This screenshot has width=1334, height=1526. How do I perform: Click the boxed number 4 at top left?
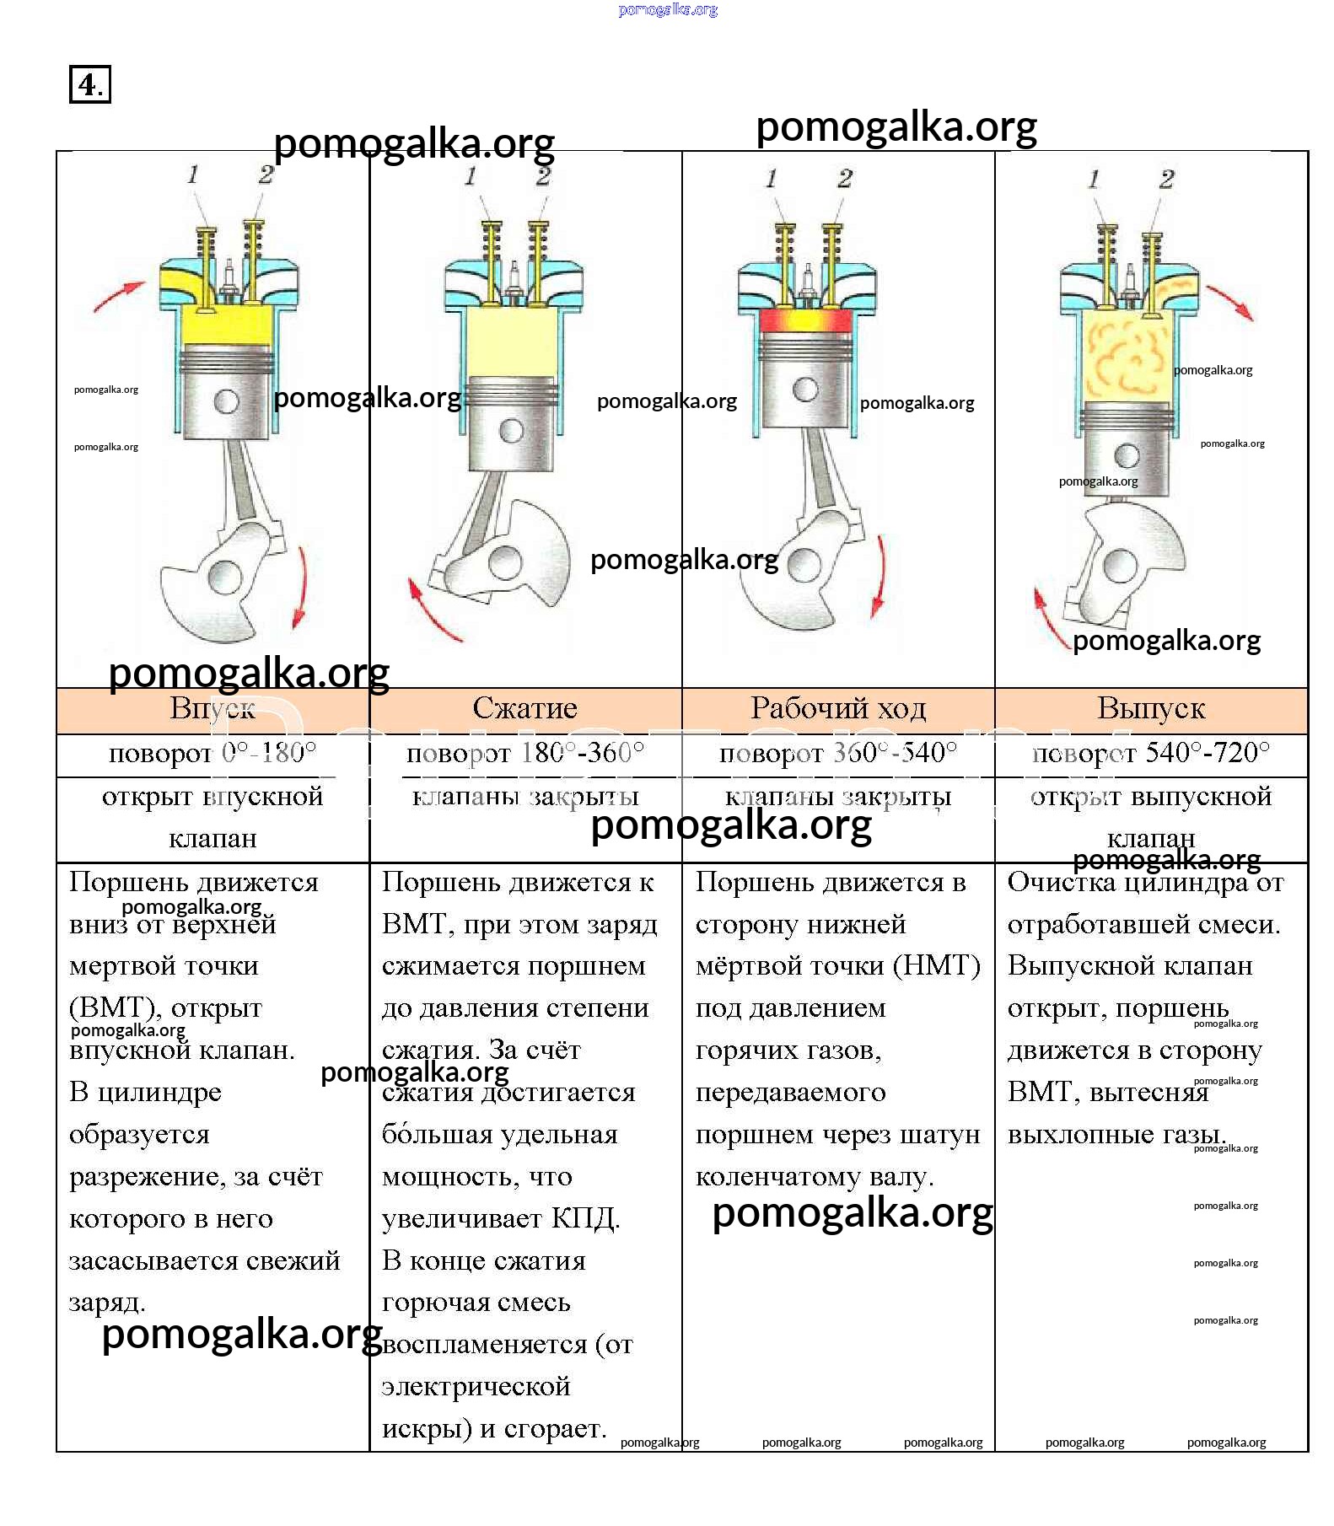(x=89, y=84)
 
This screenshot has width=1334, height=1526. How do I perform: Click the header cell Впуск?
(x=212, y=708)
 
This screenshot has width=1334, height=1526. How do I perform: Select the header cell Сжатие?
(x=524, y=708)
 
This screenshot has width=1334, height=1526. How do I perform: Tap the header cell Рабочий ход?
(x=838, y=708)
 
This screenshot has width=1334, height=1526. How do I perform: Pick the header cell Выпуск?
(x=1151, y=708)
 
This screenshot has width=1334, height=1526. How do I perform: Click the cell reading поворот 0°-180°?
(x=212, y=753)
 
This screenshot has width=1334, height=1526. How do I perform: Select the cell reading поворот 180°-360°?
(x=524, y=753)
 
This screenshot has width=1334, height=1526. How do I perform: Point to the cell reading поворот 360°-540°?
(x=838, y=753)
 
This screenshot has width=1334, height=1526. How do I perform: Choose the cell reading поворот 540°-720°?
(x=1151, y=753)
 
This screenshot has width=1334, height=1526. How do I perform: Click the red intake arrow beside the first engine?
(x=118, y=297)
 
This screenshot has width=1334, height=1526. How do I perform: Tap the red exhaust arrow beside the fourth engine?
(x=1230, y=302)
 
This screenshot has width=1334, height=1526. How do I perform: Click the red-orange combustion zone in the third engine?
(x=805, y=320)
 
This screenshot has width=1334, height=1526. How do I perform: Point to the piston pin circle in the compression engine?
(x=511, y=430)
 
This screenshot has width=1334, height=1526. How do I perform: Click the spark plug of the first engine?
(x=228, y=278)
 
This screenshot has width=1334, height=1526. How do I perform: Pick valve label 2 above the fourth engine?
(x=1166, y=179)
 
